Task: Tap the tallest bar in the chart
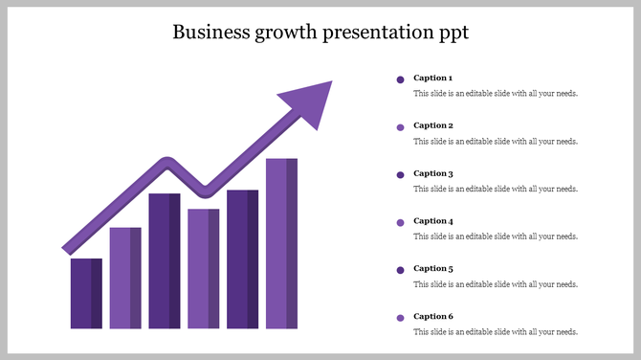click(281, 243)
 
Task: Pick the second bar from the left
click(125, 278)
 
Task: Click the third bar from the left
click(165, 260)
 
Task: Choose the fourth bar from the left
click(204, 268)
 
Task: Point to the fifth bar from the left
click(242, 259)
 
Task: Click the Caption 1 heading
click(432, 78)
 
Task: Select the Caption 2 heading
click(432, 125)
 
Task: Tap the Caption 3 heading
click(432, 173)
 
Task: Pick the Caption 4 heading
click(432, 221)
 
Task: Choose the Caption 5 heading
click(432, 269)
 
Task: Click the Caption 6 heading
click(432, 316)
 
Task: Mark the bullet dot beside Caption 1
click(400, 79)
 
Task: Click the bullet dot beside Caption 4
click(400, 222)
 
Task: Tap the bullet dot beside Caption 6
click(400, 317)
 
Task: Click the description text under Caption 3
click(495, 189)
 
